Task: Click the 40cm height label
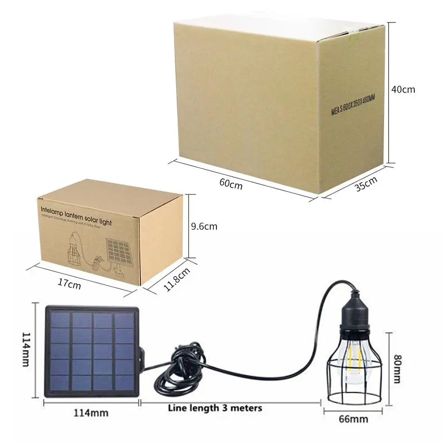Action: click(x=403, y=89)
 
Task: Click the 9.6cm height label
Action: click(x=204, y=227)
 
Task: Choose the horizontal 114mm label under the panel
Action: click(x=90, y=413)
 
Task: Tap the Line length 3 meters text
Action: click(x=215, y=408)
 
